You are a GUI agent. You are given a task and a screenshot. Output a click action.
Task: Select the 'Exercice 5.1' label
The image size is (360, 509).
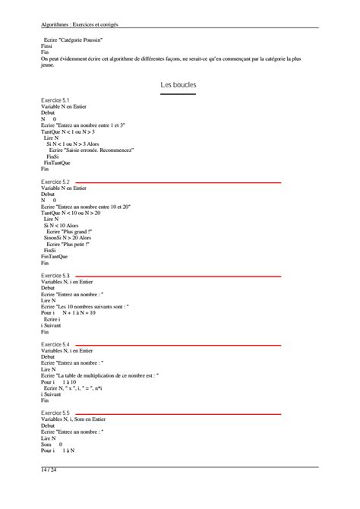(x=55, y=100)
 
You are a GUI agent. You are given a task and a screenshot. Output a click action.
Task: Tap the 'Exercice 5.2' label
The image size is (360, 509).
(x=55, y=182)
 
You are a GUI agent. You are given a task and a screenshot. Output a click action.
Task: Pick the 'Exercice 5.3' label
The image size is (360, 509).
(x=55, y=275)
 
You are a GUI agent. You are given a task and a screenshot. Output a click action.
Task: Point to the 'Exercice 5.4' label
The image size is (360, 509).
(x=55, y=344)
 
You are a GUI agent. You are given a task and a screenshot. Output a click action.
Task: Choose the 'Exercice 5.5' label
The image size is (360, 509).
(x=55, y=413)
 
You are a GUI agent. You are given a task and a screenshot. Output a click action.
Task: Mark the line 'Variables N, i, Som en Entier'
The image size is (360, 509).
(x=73, y=419)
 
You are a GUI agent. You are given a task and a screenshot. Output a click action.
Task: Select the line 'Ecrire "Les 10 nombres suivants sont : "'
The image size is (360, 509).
(x=85, y=306)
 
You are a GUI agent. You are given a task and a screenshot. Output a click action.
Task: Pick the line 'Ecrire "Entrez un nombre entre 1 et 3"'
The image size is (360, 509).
(x=84, y=125)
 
